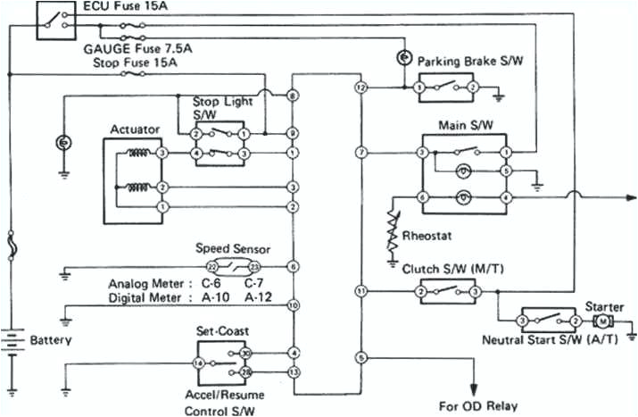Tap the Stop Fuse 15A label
[x=132, y=64]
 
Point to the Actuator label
[x=135, y=129]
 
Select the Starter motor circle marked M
[x=602, y=320]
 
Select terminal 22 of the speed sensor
[x=213, y=267]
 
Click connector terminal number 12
[x=360, y=88]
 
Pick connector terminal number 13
[x=293, y=371]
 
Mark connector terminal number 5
[x=360, y=357]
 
